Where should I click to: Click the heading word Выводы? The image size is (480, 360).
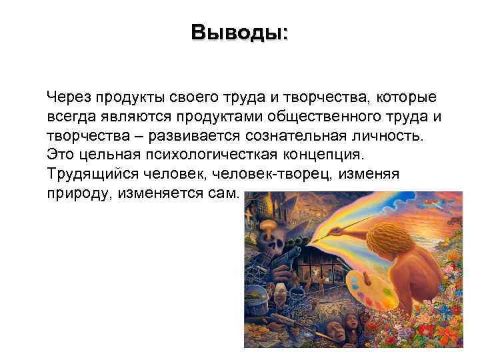[x=237, y=32]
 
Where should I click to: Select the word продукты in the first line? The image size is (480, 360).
[x=127, y=97]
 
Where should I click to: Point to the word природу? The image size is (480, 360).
[x=75, y=194]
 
